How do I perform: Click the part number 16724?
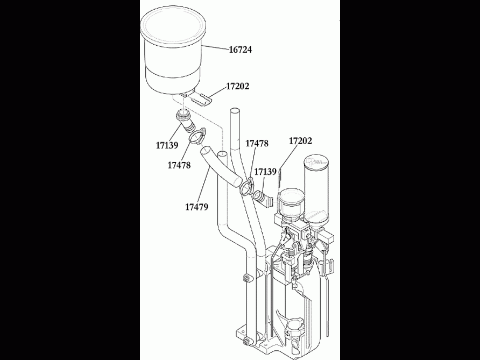tap(240, 50)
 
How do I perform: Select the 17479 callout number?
tap(196, 206)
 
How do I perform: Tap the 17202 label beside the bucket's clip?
tap(237, 86)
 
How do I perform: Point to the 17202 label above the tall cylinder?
tap(300, 141)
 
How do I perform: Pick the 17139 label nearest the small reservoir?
tap(265, 172)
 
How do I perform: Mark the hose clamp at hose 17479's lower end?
tap(247, 187)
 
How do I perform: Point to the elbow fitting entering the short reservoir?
tap(263, 198)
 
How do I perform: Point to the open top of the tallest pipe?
tap(234, 111)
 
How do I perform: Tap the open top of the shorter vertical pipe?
tap(222, 154)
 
